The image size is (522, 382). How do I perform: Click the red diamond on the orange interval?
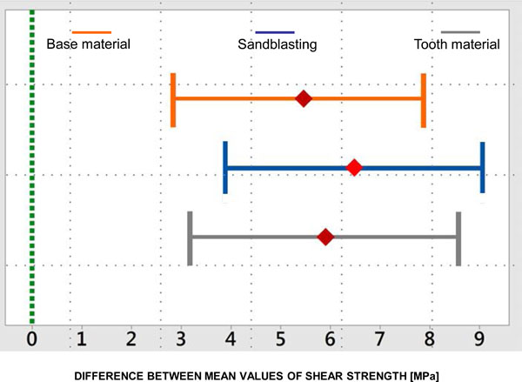pyautogui.click(x=304, y=99)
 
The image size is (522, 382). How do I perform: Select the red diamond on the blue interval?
pyautogui.click(x=354, y=167)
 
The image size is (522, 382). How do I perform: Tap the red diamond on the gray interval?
pyautogui.click(x=325, y=237)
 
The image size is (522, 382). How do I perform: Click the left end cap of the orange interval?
pyautogui.click(x=174, y=99)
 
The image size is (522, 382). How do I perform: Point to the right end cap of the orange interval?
pyautogui.click(x=424, y=99)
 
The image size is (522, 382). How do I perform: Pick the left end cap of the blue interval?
pyautogui.click(x=225, y=167)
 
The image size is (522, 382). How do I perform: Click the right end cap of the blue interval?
pyautogui.click(x=482, y=167)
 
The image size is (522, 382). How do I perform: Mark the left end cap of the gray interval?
pyautogui.click(x=190, y=237)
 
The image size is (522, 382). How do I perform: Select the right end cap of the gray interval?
pyautogui.click(x=458, y=237)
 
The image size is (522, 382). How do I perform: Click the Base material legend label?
pyautogui.click(x=88, y=43)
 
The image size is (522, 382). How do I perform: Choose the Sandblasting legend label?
pyautogui.click(x=278, y=43)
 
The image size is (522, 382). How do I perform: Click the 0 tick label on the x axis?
pyautogui.click(x=32, y=336)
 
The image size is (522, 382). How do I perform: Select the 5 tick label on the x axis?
pyautogui.click(x=281, y=336)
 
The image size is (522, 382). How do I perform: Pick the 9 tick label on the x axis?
pyautogui.click(x=479, y=336)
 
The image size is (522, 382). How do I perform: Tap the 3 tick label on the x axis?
pyautogui.click(x=182, y=336)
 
